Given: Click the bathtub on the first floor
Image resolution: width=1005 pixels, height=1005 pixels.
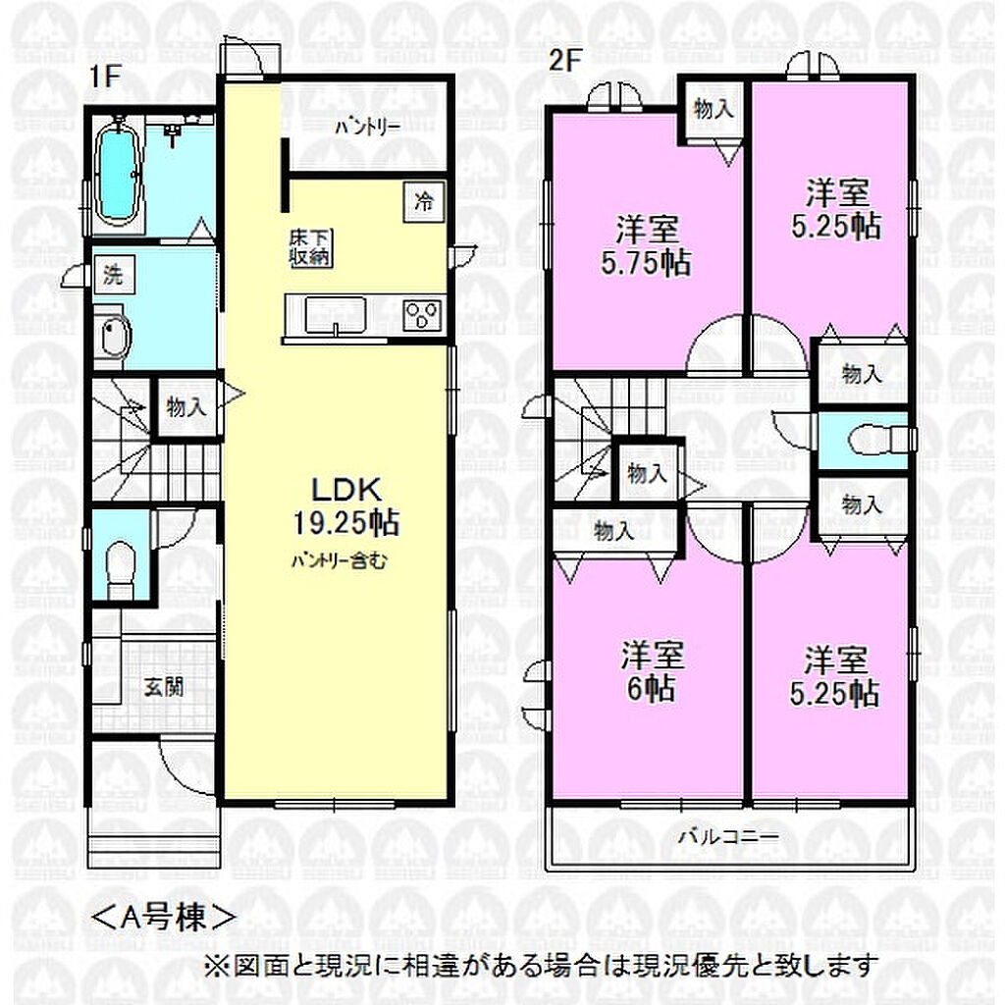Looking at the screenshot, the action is click(x=118, y=171).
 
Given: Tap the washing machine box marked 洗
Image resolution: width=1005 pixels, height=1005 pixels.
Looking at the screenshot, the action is click(x=114, y=275).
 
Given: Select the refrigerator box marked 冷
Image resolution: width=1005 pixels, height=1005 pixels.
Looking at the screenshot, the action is click(x=424, y=202).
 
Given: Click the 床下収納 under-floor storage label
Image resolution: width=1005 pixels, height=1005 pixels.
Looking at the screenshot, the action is click(x=310, y=248).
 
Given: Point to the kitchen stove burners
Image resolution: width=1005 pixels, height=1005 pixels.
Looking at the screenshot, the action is click(x=424, y=315).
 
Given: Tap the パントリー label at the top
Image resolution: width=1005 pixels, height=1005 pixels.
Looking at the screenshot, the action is click(x=368, y=127).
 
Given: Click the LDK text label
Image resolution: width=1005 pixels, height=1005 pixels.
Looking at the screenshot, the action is click(x=346, y=491).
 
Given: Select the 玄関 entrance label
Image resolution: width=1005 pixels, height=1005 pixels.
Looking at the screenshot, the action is click(x=164, y=687).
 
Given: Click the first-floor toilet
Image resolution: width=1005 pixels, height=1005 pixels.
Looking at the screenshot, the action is click(x=120, y=567).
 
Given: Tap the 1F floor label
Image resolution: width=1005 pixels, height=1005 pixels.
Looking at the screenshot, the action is click(x=105, y=77).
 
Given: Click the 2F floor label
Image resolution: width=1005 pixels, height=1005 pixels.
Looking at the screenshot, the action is click(x=564, y=61).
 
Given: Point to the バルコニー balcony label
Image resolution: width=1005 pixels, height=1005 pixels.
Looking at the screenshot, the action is click(x=729, y=837).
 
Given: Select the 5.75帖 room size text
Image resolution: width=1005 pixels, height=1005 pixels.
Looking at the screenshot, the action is click(x=646, y=263).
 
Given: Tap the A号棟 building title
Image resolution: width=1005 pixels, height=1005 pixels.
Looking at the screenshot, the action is click(x=163, y=918).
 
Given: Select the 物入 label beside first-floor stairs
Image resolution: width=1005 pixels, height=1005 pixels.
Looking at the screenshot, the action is click(x=185, y=406).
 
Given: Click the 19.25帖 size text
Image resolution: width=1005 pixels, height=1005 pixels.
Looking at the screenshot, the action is click(x=346, y=522).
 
